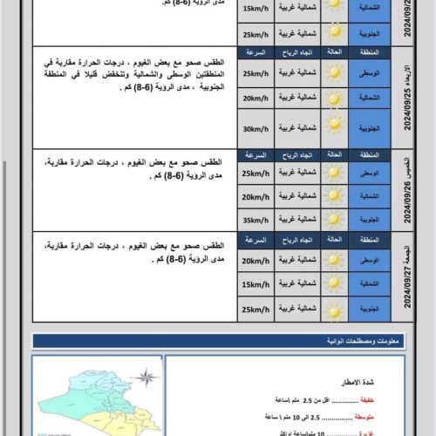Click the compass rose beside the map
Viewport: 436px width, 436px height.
point(147,377)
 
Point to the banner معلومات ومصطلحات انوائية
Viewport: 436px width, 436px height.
point(231,341)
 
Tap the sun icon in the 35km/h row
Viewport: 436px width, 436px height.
point(334,221)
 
